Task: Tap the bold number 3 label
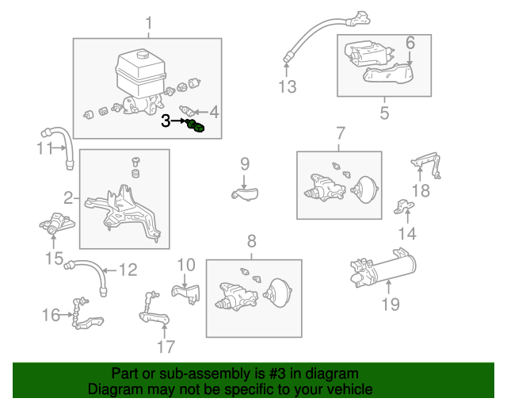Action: tap(166, 121)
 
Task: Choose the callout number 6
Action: tap(410, 42)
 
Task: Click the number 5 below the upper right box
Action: tap(384, 113)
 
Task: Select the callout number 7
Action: tap(340, 132)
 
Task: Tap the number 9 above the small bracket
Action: tap(245, 164)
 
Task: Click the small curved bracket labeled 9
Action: tap(245, 193)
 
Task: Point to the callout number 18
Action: tap(421, 190)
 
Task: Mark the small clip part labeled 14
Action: tap(406, 208)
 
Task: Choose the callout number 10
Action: tap(185, 265)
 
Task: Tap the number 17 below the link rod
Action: tap(165, 347)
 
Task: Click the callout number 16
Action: tap(51, 316)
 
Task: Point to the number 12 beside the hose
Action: tap(128, 270)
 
